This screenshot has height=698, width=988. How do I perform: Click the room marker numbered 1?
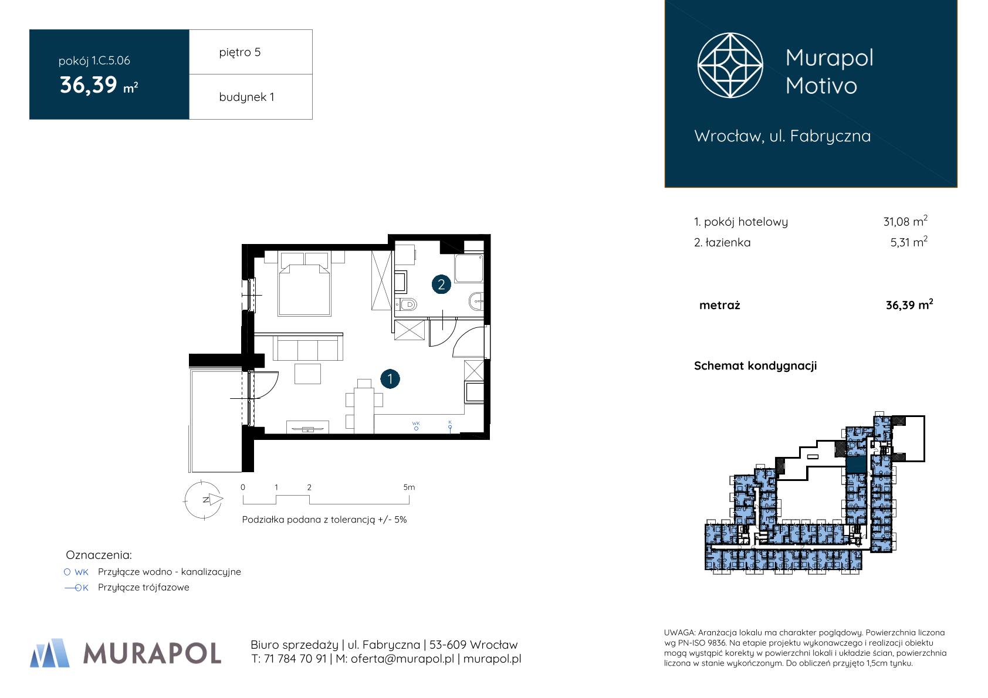coord(390,379)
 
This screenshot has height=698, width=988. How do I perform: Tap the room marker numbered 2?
coord(441,284)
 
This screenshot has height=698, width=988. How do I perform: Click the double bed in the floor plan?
coord(304,284)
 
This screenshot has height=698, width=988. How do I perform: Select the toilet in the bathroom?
coord(406,304)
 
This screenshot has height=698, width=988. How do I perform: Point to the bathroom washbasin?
coord(476,301)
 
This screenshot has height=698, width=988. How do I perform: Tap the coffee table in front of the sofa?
coord(308,374)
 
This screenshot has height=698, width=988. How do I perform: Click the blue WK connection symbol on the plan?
coord(416,426)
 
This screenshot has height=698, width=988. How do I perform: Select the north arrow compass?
coord(204,500)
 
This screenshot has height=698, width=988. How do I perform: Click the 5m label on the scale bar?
coord(409,487)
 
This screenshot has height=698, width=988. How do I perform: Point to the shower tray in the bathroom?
coord(469,268)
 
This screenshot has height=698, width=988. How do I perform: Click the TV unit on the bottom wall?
coord(307,427)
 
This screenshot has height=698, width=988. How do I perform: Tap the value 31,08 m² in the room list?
coord(905,221)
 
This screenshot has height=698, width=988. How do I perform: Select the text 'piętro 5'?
coord(240,52)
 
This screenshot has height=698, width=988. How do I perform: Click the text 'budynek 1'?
coord(246,97)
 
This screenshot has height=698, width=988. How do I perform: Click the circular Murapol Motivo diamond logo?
coord(730,65)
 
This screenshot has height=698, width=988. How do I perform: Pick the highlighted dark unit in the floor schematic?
coord(855,465)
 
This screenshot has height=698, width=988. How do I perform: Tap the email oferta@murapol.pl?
coord(402,659)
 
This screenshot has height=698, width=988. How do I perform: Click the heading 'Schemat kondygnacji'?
coord(755,366)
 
